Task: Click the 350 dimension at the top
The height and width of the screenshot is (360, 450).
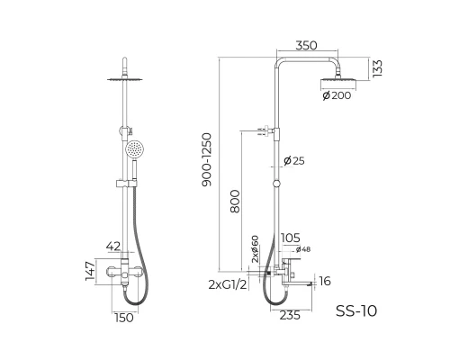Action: click(x=306, y=46)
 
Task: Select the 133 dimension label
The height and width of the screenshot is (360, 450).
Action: click(x=377, y=68)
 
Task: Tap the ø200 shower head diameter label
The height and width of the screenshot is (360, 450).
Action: click(x=337, y=95)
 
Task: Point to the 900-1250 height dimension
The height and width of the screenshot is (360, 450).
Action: click(x=207, y=160)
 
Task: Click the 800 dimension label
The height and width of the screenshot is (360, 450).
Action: click(x=235, y=202)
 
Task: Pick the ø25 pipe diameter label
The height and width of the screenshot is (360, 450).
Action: click(x=294, y=161)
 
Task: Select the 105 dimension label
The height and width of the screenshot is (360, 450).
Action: click(x=291, y=238)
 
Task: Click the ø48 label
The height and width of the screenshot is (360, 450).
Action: click(x=303, y=249)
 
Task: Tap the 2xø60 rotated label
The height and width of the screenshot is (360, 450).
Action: click(x=255, y=249)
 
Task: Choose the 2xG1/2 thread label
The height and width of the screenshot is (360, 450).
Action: click(x=228, y=284)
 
